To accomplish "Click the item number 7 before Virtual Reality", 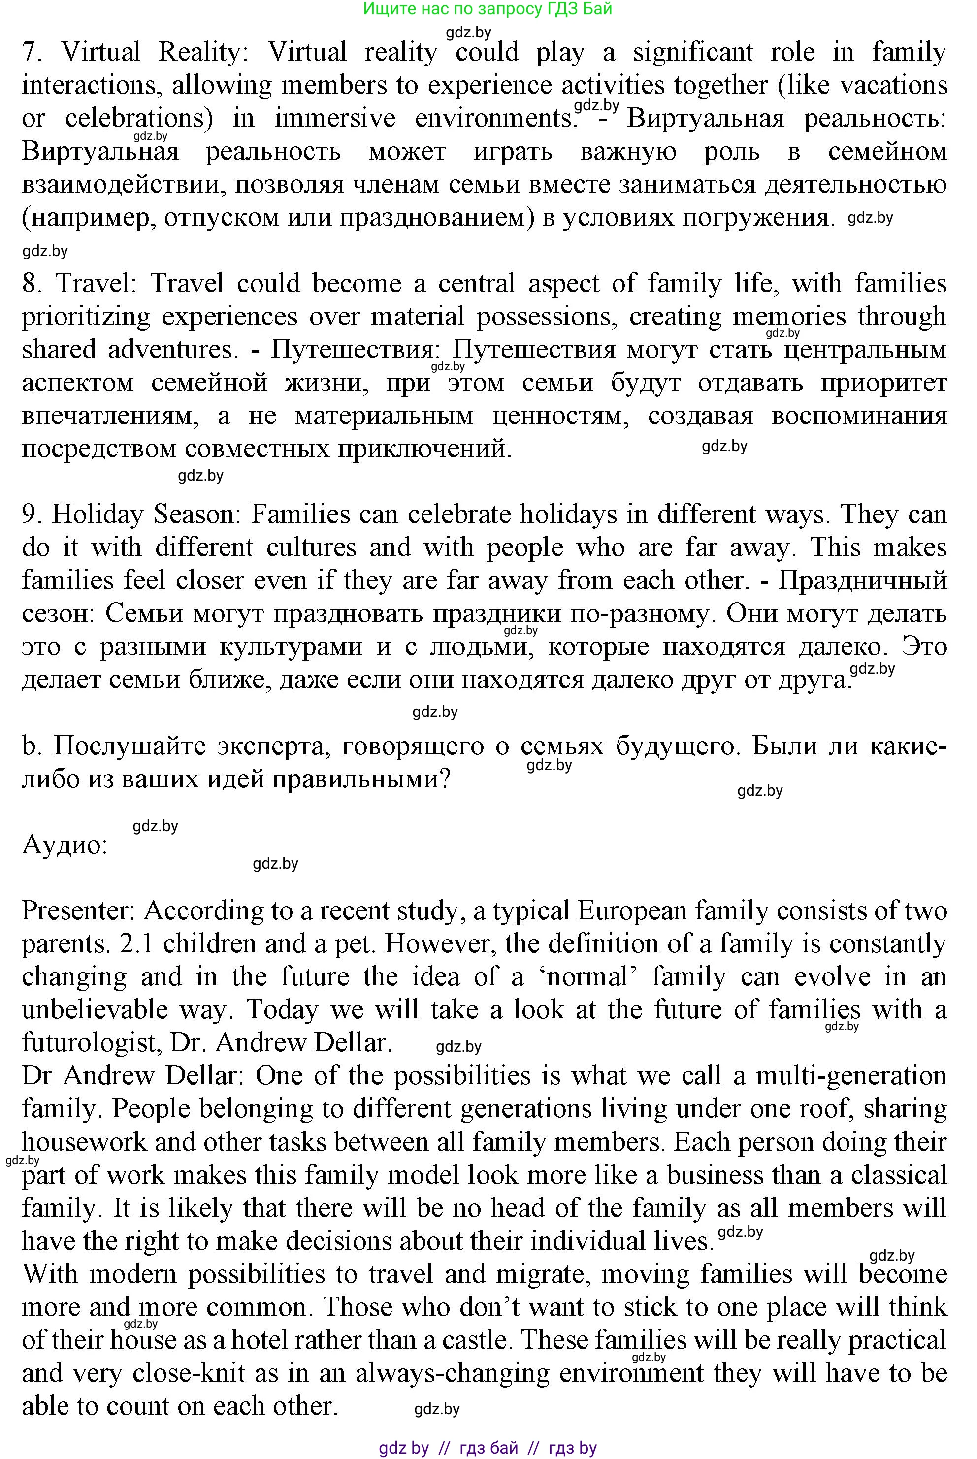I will point(31,52).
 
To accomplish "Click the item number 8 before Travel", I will point(31,284).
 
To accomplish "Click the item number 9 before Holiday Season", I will point(31,515).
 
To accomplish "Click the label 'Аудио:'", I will point(65,845).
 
